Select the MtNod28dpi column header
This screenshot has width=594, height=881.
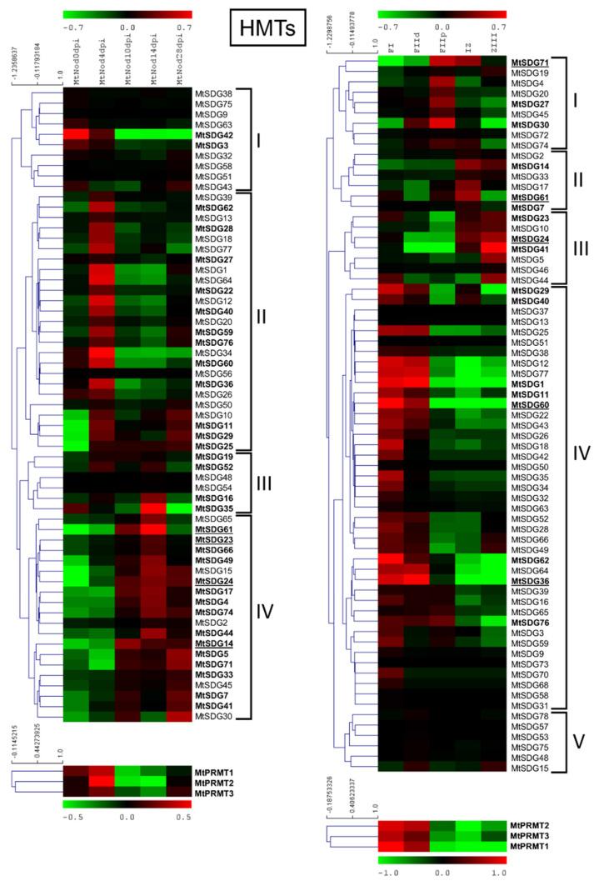point(178,60)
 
